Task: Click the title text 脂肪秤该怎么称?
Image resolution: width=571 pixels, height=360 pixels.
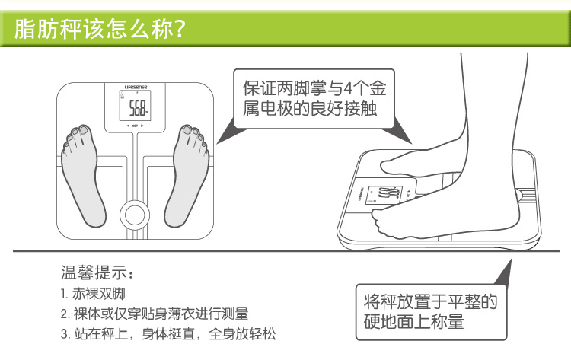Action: tap(100, 29)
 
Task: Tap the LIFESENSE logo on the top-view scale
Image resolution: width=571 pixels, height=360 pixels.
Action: tap(136, 88)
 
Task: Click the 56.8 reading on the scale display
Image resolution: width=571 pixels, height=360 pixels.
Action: tap(138, 108)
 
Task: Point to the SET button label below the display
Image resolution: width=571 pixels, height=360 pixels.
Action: tap(135, 126)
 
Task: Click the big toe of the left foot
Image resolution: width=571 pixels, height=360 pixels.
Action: tap(85, 129)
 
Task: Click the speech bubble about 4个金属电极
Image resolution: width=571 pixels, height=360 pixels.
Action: tap(314, 99)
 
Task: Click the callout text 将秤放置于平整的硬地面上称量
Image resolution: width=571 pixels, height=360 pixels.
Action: tap(430, 312)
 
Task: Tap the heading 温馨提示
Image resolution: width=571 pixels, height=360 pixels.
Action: tap(94, 272)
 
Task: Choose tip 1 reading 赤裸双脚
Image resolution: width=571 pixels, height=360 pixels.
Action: tap(93, 294)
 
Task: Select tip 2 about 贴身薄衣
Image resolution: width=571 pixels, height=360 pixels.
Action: tap(155, 314)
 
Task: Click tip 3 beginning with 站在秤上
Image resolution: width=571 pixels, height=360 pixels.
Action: tap(168, 334)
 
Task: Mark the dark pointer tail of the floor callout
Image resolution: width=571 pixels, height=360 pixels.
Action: tap(504, 272)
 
